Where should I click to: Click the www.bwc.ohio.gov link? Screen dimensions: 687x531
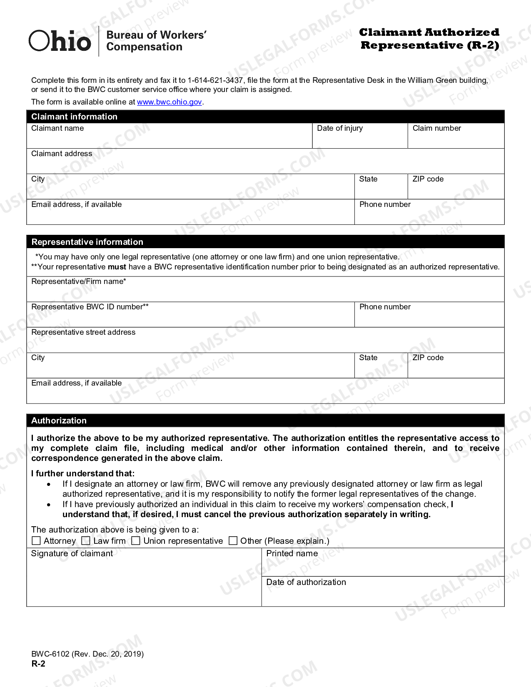(x=169, y=102)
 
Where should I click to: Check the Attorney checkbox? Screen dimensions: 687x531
(x=36, y=541)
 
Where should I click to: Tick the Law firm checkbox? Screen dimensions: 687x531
(x=86, y=541)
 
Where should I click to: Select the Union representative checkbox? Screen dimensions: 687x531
(x=136, y=541)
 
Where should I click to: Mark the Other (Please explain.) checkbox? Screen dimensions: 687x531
(x=233, y=541)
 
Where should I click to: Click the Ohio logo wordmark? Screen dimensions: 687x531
(x=60, y=41)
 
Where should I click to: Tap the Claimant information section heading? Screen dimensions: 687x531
(x=74, y=117)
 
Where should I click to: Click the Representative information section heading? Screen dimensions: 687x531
(x=87, y=242)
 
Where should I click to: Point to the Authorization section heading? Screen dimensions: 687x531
(x=59, y=421)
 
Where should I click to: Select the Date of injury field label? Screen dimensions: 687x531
(x=339, y=128)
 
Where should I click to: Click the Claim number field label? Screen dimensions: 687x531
(x=436, y=128)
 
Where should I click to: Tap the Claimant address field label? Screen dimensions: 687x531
(x=62, y=154)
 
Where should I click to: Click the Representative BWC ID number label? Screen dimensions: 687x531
(x=90, y=307)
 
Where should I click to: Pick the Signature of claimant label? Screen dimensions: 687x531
(x=72, y=553)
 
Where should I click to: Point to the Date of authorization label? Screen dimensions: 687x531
(x=306, y=582)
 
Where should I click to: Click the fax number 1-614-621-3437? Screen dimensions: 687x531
(x=215, y=80)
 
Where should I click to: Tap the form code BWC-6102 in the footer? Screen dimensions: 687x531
(x=50, y=654)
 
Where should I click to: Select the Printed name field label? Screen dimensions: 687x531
(x=292, y=553)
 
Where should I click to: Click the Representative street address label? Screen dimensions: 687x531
(x=83, y=332)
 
